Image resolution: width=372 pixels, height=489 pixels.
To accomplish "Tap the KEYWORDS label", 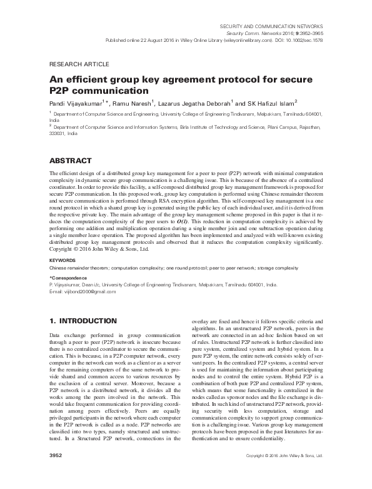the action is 63,260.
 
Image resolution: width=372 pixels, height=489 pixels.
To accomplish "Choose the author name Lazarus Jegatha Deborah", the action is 208,102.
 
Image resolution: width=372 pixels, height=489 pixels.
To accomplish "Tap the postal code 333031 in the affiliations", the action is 58,133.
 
